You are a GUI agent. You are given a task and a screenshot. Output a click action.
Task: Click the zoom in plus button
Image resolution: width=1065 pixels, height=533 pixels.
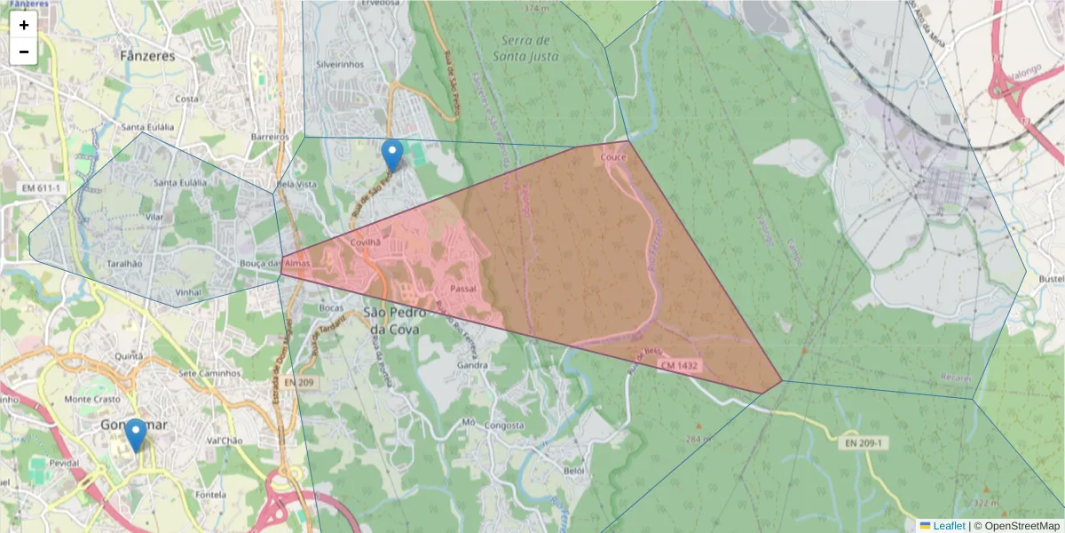pyautogui.click(x=24, y=25)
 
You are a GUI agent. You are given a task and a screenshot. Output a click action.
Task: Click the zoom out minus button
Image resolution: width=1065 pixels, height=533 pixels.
pyautogui.click(x=24, y=52)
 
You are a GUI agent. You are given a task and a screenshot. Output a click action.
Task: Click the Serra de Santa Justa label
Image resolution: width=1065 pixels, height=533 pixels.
pyautogui.click(x=526, y=49)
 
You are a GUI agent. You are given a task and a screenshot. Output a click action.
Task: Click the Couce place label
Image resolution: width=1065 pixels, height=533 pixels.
pyautogui.click(x=613, y=157)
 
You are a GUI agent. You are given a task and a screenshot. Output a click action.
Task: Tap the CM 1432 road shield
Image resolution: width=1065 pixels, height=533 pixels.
pyautogui.click(x=679, y=365)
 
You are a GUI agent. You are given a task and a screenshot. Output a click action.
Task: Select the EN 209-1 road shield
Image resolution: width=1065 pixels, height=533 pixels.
pyautogui.click(x=864, y=442)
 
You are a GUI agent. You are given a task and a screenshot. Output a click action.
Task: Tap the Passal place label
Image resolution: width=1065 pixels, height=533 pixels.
pyautogui.click(x=464, y=289)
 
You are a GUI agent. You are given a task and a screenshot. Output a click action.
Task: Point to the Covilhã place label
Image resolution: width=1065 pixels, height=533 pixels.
pyautogui.click(x=365, y=242)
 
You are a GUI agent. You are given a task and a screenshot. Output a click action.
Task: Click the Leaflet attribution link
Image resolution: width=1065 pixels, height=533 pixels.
pyautogui.click(x=948, y=526)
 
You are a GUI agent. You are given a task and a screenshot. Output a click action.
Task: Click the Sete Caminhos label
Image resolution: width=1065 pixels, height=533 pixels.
pyautogui.click(x=209, y=373)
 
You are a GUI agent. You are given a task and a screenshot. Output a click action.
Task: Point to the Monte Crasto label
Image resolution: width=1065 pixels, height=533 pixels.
pyautogui.click(x=92, y=399)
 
